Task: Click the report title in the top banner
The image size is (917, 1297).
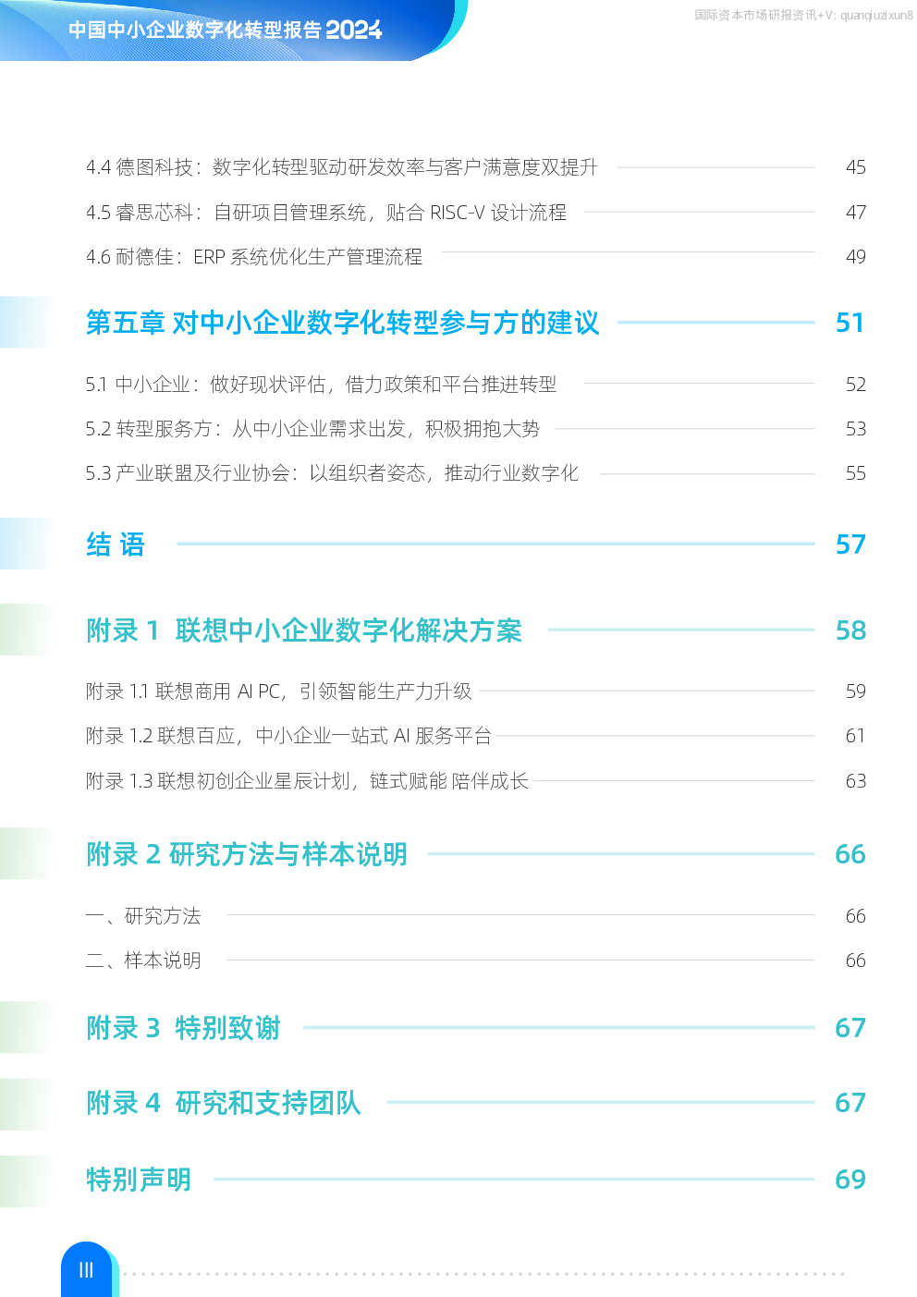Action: tap(226, 30)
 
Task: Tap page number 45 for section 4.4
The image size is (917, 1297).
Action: tap(856, 167)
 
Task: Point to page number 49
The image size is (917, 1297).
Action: tap(856, 256)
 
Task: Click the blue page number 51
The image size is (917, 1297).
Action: tap(850, 323)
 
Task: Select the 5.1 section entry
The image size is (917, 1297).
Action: tap(322, 384)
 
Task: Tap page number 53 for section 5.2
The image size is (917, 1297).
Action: tap(856, 428)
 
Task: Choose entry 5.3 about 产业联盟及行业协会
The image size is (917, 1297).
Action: tap(332, 473)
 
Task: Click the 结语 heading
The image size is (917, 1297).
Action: tap(116, 544)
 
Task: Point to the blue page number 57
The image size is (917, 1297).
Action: tap(850, 544)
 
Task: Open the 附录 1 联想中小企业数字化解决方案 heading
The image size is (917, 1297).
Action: tap(304, 630)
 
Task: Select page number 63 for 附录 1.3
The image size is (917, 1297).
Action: tap(856, 781)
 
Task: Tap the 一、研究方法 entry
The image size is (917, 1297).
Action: tap(143, 916)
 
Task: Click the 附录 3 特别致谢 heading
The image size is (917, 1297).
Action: tap(183, 1028)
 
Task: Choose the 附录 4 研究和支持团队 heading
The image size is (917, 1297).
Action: tap(224, 1103)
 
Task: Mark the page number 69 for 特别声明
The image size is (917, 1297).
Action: tap(850, 1179)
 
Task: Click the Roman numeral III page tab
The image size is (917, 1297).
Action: tap(86, 1270)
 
